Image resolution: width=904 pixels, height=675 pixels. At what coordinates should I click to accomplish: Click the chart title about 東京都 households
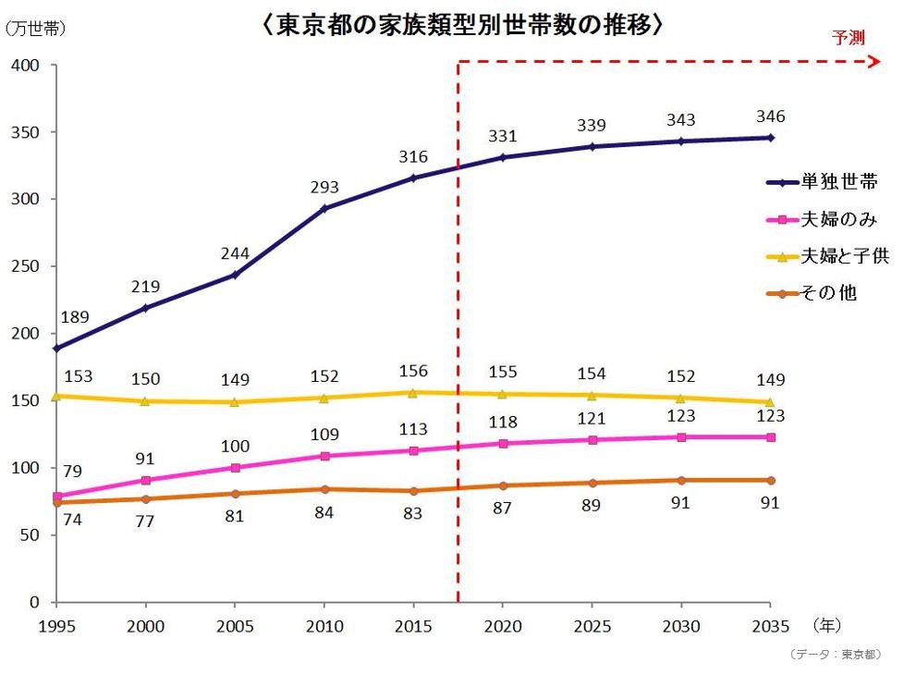pos(463,25)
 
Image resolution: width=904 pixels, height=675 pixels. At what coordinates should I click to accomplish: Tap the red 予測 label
pos(848,38)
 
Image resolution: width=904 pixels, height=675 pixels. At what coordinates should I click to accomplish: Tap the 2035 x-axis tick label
pos(770,627)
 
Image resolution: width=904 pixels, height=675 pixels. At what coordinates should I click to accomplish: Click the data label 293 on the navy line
pos(324,186)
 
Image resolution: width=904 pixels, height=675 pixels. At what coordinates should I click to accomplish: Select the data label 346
pos(770,117)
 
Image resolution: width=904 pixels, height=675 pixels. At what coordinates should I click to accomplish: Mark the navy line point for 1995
pos(56,349)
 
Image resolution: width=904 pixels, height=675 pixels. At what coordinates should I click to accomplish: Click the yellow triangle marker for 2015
pos(413,392)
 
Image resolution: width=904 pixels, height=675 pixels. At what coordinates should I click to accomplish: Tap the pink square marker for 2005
pos(235,468)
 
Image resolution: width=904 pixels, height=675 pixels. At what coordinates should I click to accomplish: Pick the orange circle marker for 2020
pos(502,485)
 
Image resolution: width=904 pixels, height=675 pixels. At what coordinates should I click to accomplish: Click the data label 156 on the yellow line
pos(413,371)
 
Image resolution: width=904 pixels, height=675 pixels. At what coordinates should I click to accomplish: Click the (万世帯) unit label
pos(35,29)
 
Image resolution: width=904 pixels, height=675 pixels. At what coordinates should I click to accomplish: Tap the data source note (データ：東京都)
pos(837,654)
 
